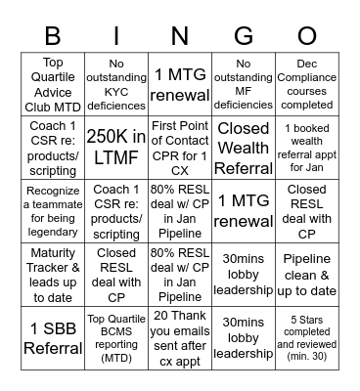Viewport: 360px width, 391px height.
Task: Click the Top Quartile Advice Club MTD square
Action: tap(53, 84)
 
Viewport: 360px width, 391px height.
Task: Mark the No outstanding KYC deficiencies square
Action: tap(116, 84)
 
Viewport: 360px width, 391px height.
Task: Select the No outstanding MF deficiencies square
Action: tap(244, 84)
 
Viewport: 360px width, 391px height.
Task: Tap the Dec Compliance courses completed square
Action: tap(307, 84)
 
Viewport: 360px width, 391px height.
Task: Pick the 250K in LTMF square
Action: tap(116, 147)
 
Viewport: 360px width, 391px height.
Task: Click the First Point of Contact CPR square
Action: tap(180, 147)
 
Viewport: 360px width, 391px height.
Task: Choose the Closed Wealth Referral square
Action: tap(244, 147)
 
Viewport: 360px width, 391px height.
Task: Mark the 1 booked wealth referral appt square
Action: tap(307, 147)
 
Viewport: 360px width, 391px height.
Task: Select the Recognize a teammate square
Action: tap(53, 210)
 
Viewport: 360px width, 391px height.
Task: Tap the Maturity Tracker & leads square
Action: tap(53, 274)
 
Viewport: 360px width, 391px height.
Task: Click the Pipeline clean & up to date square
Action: tap(307, 274)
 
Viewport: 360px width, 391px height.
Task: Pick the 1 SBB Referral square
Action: tap(53, 336)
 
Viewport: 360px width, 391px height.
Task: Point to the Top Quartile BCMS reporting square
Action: tap(116, 336)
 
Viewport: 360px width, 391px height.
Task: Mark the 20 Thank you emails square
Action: tap(180, 336)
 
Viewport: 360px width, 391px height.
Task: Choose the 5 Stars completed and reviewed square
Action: tap(307, 336)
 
